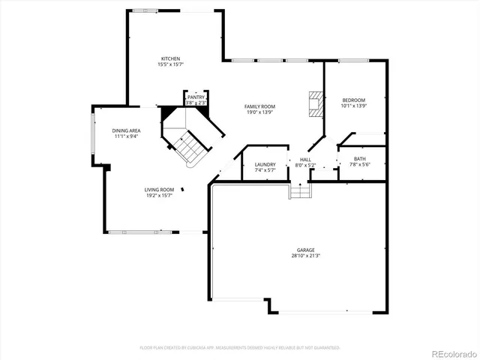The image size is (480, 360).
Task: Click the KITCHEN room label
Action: pyautogui.click(x=170, y=58)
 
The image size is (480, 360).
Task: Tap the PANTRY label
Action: pyautogui.click(x=196, y=97)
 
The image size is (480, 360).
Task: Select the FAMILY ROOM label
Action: pyautogui.click(x=259, y=106)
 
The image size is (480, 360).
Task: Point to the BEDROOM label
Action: pyautogui.click(x=353, y=100)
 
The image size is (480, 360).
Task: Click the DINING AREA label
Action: pyautogui.click(x=126, y=130)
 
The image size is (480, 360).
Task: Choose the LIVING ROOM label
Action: pyautogui.click(x=159, y=190)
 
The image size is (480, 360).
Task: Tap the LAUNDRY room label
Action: pyautogui.click(x=265, y=164)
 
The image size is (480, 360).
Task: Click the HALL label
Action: pyautogui.click(x=305, y=160)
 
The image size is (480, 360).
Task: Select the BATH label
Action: pyautogui.click(x=360, y=158)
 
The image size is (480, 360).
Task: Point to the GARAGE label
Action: pyautogui.click(x=304, y=250)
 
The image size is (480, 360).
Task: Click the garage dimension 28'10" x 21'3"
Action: pyautogui.click(x=304, y=256)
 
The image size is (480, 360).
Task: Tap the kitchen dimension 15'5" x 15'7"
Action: pyautogui.click(x=170, y=64)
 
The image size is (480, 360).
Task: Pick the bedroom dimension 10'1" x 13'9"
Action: pyautogui.click(x=353, y=106)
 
